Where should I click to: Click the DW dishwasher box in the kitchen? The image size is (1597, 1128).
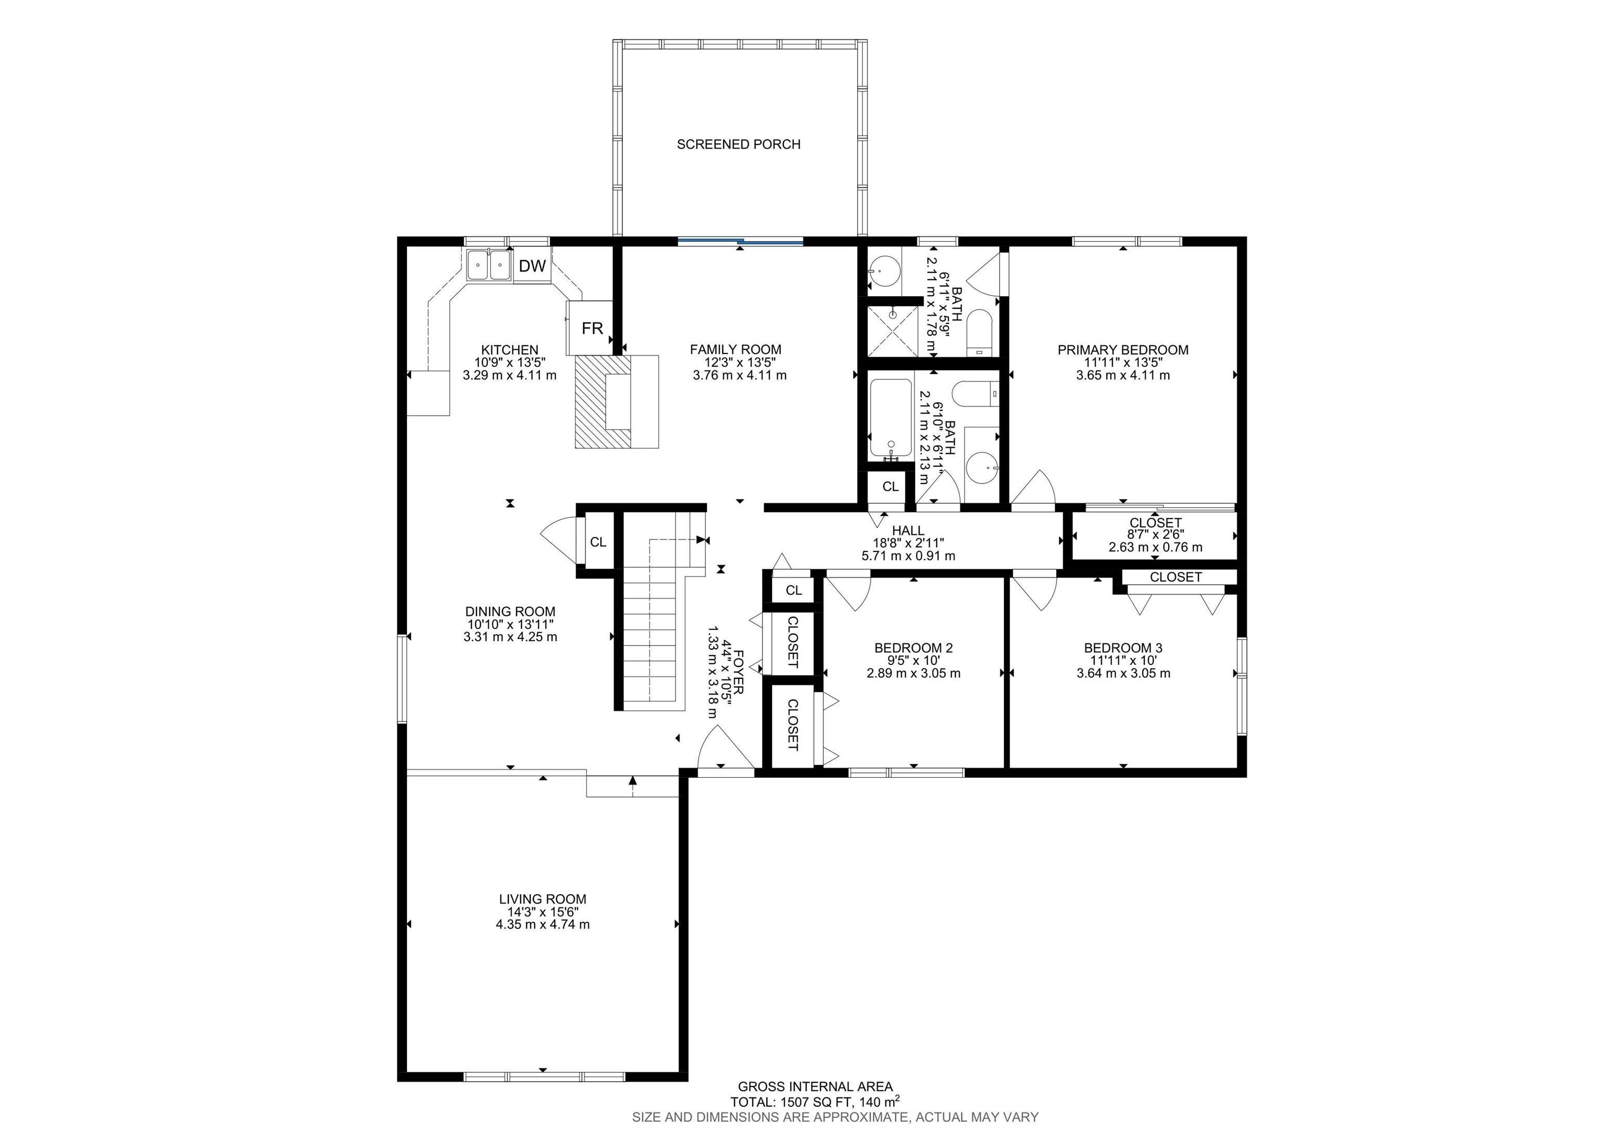(532, 266)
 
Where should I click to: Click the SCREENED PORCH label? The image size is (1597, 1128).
(738, 144)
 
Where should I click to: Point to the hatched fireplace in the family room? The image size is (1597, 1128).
(601, 401)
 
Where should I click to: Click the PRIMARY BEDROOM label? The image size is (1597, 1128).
(1122, 350)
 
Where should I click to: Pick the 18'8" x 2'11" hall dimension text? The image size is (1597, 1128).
(908, 543)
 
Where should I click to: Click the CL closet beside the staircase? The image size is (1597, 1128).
(597, 542)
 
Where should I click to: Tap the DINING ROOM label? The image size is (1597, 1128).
(510, 611)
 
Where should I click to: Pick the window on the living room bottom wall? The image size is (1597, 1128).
(544, 1077)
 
